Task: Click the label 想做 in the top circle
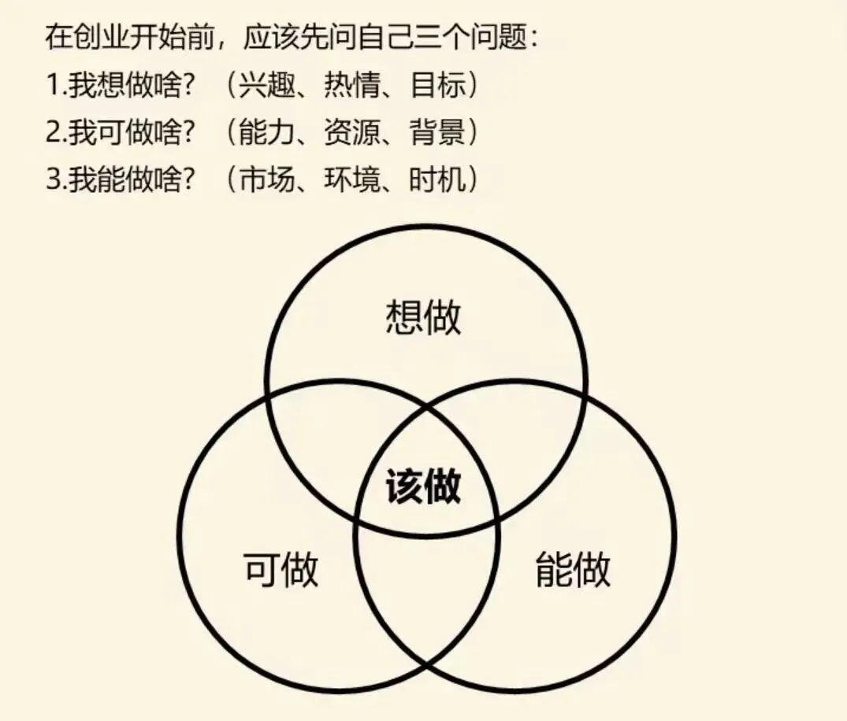423,317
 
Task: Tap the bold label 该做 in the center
423,487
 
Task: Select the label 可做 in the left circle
280,568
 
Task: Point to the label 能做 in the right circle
573,568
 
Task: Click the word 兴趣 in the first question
258,85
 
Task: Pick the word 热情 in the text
345,85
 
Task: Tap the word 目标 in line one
432,85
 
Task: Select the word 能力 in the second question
258,133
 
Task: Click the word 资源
345,133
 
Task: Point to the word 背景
432,133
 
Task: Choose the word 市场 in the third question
258,181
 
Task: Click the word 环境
345,181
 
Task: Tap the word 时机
432,181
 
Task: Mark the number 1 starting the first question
51,85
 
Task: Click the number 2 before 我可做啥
52,133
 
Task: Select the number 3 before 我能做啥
52,181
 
